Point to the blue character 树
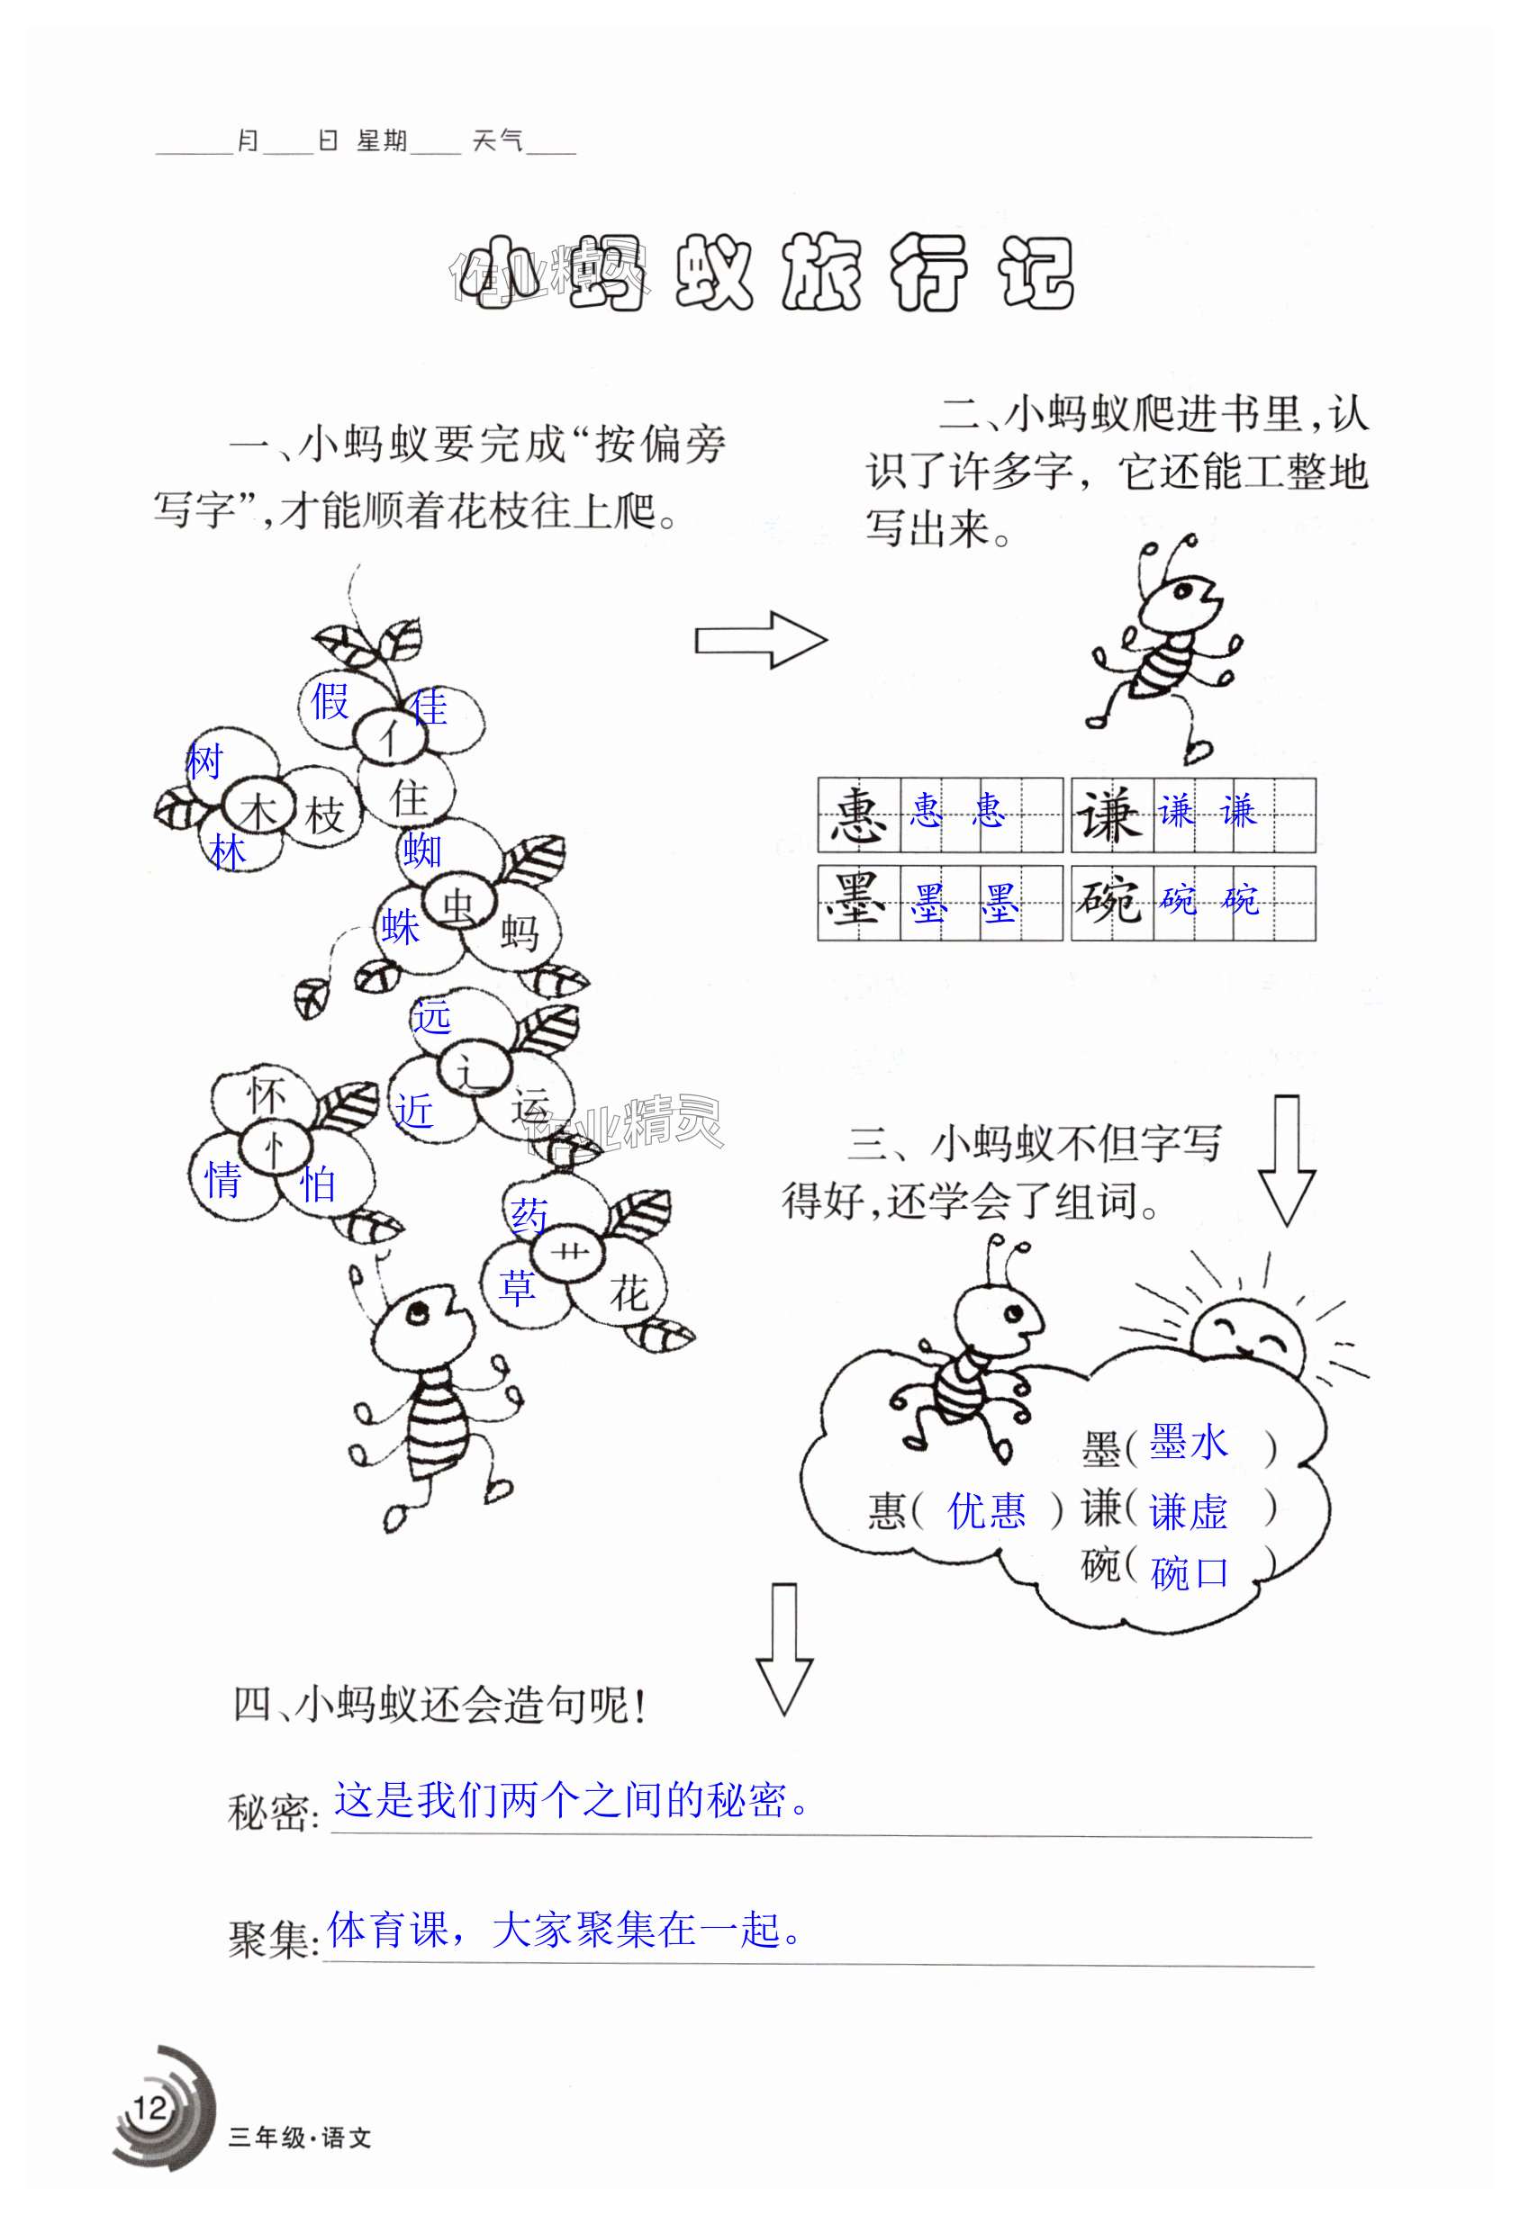pos(204,761)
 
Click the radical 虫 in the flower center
pos(458,906)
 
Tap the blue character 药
pos(529,1216)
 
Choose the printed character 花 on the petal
pos(629,1293)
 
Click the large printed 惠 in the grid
pos(858,815)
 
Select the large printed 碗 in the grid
pos(1111,901)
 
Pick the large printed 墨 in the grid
pos(857,901)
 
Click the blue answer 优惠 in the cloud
pos(987,1510)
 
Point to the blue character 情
pos(224,1181)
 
